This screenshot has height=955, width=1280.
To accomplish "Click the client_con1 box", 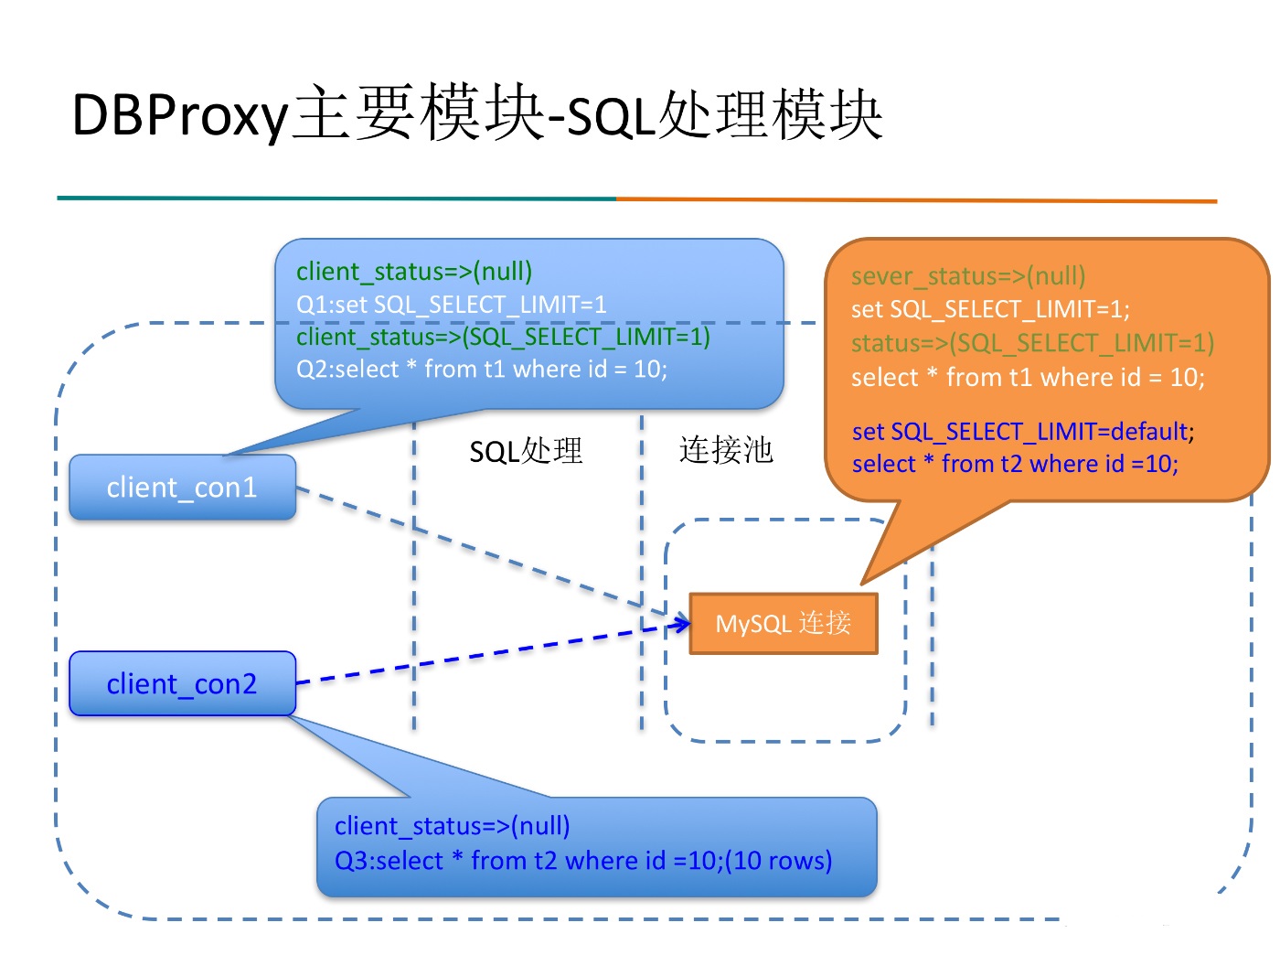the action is tap(182, 487).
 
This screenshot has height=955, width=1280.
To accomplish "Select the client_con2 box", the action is tap(182, 683).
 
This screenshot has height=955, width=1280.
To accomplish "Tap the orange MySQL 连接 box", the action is tap(784, 623).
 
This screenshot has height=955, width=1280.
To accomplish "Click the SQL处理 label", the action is tap(526, 451).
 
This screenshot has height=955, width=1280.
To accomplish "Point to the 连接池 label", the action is tap(726, 450).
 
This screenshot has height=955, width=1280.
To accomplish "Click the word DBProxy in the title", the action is tap(179, 115).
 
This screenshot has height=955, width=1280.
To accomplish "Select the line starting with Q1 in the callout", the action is tap(452, 304).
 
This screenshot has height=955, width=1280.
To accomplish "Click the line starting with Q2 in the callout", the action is tap(482, 369).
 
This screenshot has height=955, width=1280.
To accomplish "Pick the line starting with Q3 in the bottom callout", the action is tap(583, 860).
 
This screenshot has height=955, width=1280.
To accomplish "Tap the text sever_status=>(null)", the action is tap(968, 275).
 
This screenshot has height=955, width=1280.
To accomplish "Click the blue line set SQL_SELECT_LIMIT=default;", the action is tap(1023, 431).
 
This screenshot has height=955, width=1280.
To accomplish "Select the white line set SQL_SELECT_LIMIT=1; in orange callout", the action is tap(990, 308).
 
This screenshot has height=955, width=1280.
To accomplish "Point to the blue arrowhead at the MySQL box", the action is tap(682, 623).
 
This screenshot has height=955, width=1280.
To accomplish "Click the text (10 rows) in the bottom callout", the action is tap(778, 860).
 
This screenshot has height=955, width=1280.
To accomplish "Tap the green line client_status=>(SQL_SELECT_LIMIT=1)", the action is tap(503, 337).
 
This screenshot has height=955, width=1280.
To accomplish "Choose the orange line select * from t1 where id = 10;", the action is tap(1028, 377).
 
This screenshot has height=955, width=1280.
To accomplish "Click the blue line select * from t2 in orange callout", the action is tap(1015, 464).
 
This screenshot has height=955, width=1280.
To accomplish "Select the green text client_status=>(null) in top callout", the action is tap(414, 272).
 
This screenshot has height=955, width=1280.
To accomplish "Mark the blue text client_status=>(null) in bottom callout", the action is tap(452, 825).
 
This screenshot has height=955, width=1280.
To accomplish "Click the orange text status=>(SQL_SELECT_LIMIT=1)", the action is tap(1032, 342).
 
